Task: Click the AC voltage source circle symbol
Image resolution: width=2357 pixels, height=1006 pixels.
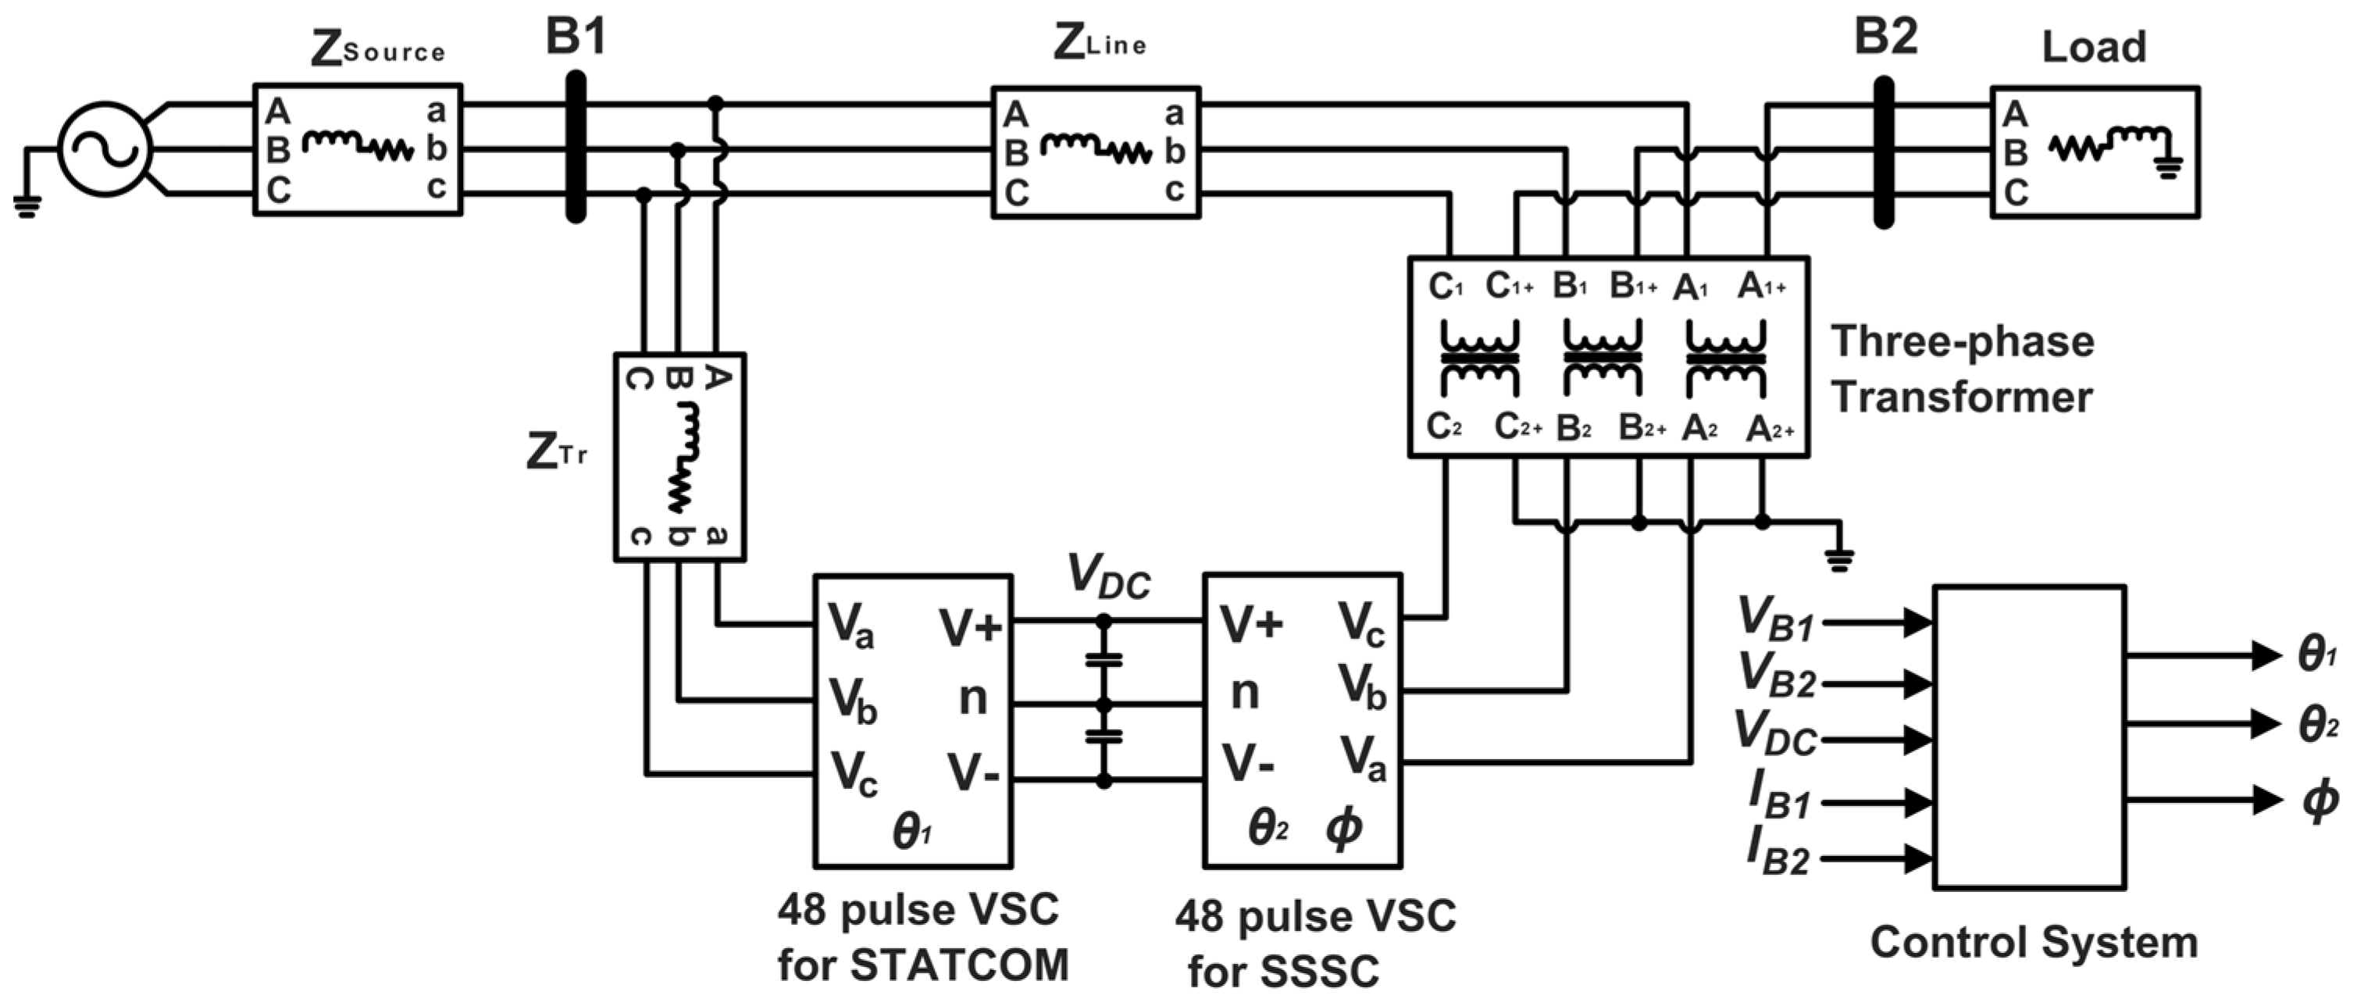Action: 105,149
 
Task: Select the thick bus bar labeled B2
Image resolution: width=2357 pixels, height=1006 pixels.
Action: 1883,152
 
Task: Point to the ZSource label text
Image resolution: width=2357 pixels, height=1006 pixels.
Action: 378,49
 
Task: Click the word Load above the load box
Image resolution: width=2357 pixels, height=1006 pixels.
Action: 2094,47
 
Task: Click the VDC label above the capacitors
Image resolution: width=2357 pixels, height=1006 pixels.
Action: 1108,578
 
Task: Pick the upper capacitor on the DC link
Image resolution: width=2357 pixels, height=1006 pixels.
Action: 1104,658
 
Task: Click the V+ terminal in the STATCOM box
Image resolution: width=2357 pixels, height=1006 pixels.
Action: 971,629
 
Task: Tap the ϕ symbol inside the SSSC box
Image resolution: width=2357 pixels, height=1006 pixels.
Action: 1343,829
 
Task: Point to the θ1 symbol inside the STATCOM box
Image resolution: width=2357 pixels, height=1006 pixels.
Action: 911,832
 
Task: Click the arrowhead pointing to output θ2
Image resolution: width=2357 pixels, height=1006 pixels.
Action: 2266,724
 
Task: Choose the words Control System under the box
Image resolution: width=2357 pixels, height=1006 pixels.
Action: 2033,942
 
